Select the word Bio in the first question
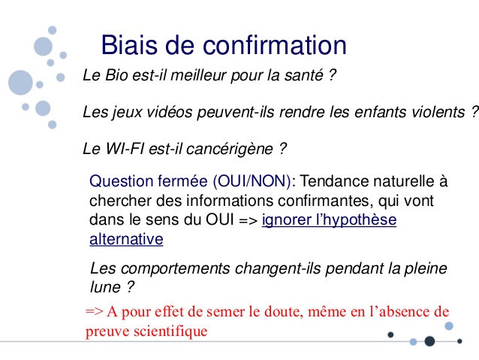(116, 75)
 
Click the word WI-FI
(125, 149)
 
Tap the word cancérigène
(230, 150)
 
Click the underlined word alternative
(126, 239)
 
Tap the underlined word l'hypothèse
(329, 220)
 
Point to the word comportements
(175, 268)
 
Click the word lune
(105, 287)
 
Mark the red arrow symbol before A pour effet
(95, 311)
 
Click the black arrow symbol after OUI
(248, 220)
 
